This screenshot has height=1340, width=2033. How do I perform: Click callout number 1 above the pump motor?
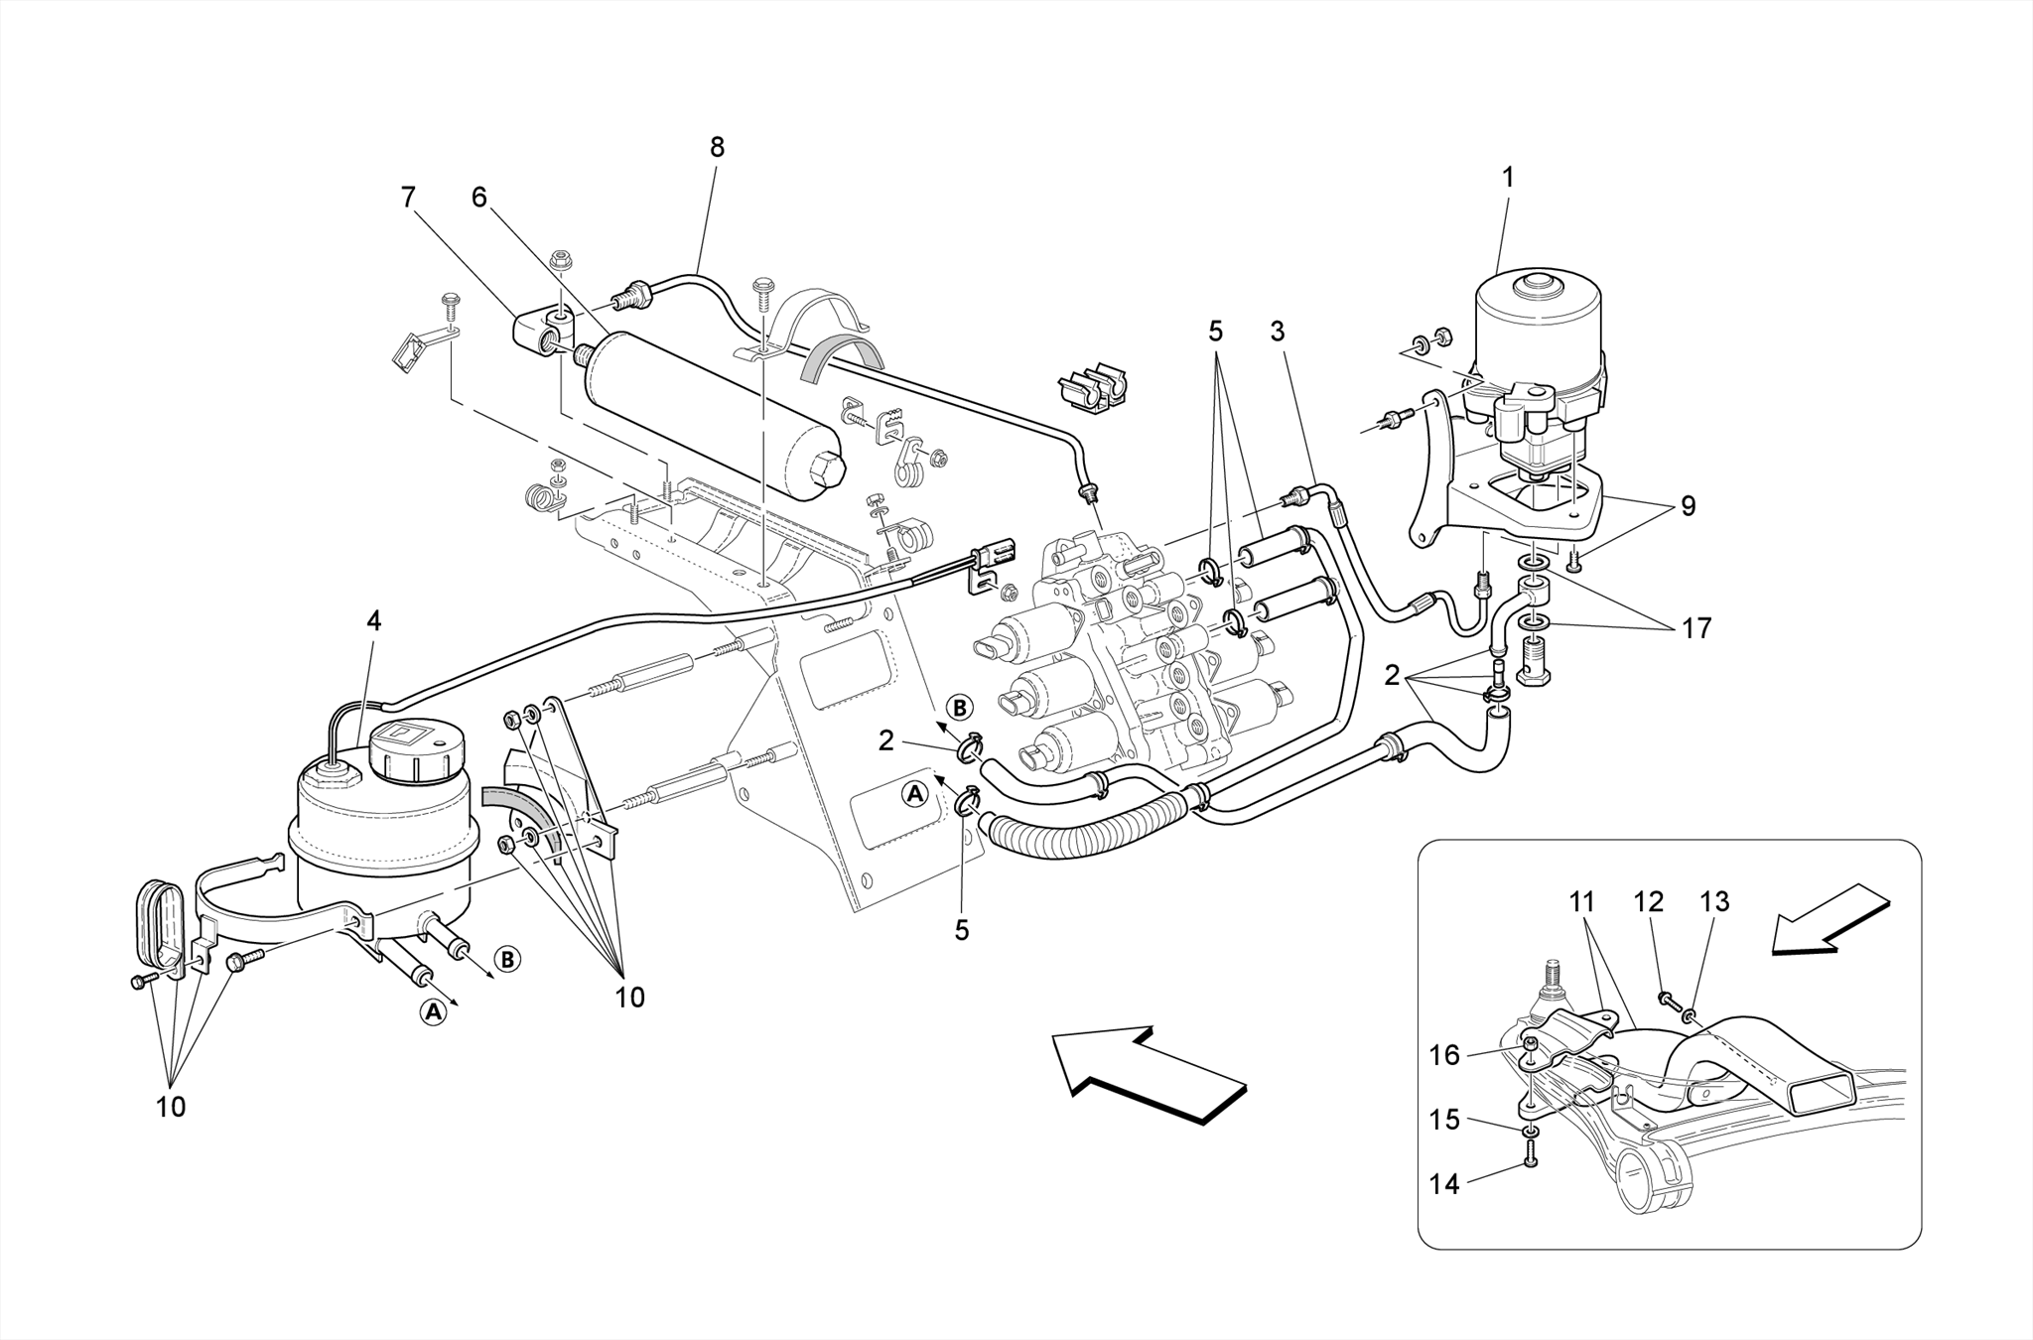click(x=1508, y=179)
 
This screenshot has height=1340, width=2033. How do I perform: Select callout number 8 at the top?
click(x=717, y=148)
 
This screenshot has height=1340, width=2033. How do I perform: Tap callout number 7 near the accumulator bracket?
click(x=408, y=198)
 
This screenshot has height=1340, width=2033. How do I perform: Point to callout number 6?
click(x=479, y=198)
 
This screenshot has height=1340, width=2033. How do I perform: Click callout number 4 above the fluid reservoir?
click(x=373, y=621)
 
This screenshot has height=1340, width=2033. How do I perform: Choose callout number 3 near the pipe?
click(x=1278, y=332)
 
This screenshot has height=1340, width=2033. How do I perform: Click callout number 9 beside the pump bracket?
click(x=1688, y=507)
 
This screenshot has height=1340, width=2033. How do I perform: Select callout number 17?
click(x=1696, y=628)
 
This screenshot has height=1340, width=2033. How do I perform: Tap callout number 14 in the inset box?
click(x=1444, y=1184)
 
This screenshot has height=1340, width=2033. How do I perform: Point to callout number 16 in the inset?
click(x=1444, y=1055)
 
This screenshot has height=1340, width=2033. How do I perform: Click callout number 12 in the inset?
click(x=1649, y=902)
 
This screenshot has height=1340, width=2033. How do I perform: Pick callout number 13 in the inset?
click(x=1714, y=902)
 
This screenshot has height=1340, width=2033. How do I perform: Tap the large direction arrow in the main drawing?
click(x=1147, y=1075)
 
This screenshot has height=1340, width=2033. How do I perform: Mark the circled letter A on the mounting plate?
click(x=914, y=793)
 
